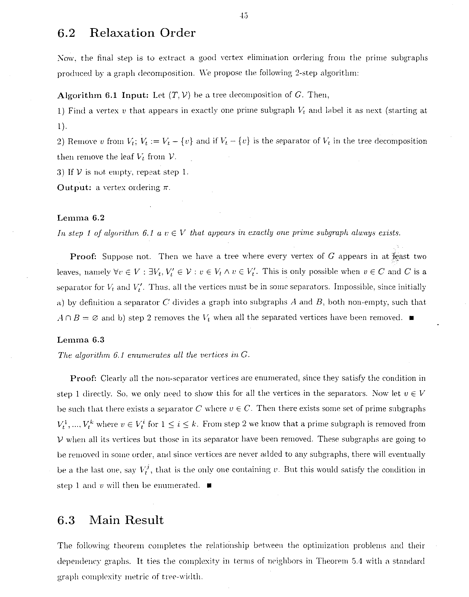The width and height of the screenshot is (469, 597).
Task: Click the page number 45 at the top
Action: pos(243,16)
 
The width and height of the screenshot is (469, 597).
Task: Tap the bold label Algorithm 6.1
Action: pos(87,95)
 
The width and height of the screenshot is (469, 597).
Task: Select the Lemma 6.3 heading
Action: pos(81,340)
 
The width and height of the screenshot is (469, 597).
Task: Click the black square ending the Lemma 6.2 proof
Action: pos(411,318)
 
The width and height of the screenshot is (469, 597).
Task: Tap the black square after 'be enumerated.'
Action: pos(209,486)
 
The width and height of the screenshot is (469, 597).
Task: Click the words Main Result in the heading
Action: pos(126,520)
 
